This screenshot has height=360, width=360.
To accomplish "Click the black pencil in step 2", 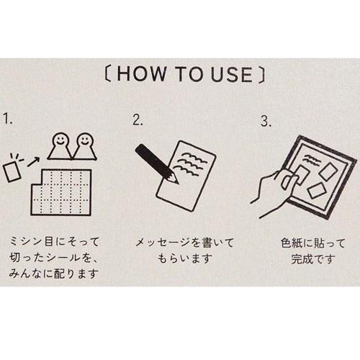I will click(x=155, y=161).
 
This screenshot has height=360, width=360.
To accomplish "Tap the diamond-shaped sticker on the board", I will click(x=318, y=191).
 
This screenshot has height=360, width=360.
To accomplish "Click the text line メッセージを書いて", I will click(x=179, y=242).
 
